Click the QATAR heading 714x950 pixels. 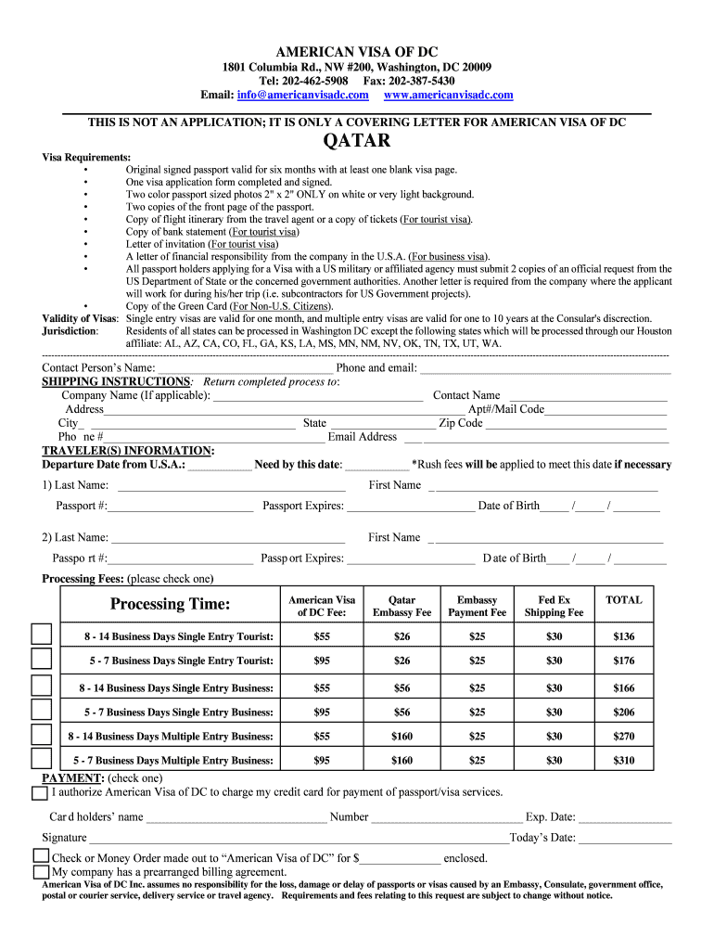tap(356, 141)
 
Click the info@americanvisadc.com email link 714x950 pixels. tap(302, 96)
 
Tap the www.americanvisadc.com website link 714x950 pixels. tap(448, 96)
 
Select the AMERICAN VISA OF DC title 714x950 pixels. tap(356, 51)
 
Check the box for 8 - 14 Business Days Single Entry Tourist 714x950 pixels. tap(42, 635)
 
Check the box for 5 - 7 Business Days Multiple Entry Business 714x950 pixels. tap(42, 759)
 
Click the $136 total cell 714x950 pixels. tap(623, 636)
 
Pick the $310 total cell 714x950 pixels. tap(623, 761)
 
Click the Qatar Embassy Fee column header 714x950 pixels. tap(402, 606)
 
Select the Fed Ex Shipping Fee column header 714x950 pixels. tap(554, 606)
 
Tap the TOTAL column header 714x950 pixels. tap(623, 600)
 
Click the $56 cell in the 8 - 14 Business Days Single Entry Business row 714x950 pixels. tap(402, 687)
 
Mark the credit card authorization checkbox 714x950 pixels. tap(39, 793)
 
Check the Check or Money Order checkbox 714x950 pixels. tap(41, 856)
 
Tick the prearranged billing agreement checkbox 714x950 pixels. tap(41, 872)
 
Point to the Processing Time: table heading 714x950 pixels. tap(170, 605)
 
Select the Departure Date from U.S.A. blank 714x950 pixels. tap(219, 466)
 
